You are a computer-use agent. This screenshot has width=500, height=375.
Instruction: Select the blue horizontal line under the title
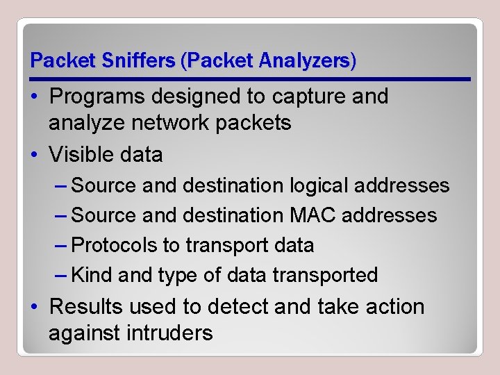250,79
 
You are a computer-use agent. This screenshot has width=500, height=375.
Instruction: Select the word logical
317,185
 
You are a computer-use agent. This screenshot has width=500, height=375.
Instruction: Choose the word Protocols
116,245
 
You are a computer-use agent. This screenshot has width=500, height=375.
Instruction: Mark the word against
85,333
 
